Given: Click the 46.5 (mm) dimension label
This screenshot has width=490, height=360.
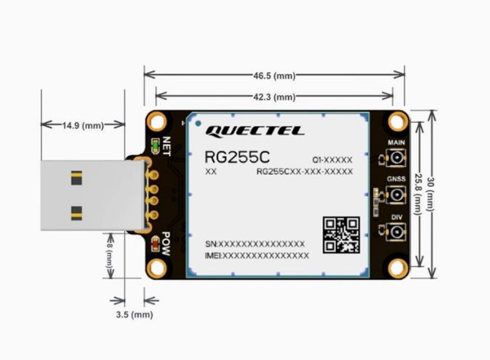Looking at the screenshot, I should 274,75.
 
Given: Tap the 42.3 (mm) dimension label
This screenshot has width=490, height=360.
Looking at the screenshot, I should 274,96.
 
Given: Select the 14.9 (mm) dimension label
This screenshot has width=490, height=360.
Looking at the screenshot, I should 83,125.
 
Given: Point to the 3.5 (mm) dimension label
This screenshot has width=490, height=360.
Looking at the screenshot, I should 134,315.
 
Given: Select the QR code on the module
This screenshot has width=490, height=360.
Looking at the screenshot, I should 340,234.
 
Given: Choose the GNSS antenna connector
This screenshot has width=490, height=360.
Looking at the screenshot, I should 397,194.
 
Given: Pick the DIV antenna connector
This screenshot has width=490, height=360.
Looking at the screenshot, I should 397,233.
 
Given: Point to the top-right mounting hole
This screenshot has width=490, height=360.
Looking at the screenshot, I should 397,121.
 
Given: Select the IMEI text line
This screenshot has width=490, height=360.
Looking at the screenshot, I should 257,255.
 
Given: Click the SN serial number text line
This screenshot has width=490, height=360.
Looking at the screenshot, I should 255,244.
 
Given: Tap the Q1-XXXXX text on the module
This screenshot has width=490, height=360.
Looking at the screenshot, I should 332,159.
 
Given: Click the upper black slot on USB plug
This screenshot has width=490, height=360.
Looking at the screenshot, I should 76,176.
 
